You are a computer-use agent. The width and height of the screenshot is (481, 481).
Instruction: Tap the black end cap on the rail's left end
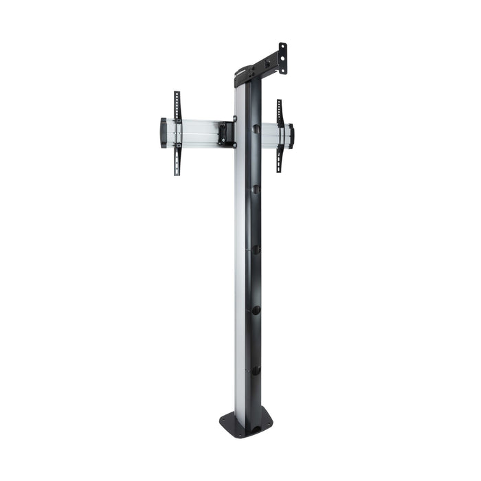tap(164, 133)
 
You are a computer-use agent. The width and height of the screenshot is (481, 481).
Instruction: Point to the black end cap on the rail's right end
tap(291, 135)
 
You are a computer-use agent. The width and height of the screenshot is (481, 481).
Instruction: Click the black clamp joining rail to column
tap(225, 133)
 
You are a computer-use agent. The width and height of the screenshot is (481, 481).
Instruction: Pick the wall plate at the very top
tap(282, 59)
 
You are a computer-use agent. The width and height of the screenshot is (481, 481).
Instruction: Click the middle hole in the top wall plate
tap(282, 60)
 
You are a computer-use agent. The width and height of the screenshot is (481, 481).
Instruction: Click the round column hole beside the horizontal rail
tap(256, 128)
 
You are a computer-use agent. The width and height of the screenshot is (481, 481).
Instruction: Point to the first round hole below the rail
tap(256, 188)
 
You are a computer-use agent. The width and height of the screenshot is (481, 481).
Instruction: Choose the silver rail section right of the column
tap(270, 135)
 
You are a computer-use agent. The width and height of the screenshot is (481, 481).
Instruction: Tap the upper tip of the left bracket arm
tap(176, 94)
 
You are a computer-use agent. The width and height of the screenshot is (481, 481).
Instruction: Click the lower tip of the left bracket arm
tap(177, 172)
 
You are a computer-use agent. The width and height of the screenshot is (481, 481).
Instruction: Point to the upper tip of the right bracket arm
tap(279, 102)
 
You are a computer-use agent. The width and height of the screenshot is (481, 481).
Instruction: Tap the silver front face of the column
tap(240, 275)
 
